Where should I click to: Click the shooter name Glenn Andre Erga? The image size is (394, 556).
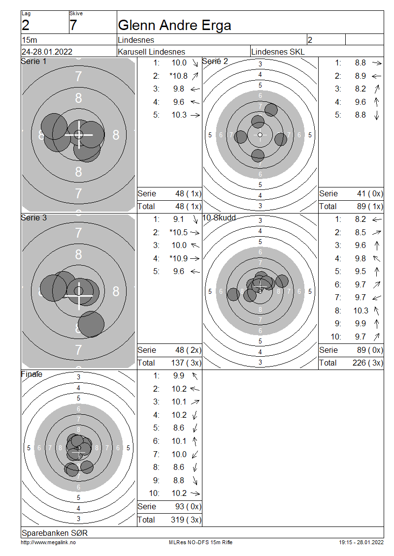pyautogui.click(x=174, y=26)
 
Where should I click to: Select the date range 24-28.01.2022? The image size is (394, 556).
pyautogui.click(x=47, y=52)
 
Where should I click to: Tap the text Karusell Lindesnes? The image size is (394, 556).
pyautogui.click(x=152, y=52)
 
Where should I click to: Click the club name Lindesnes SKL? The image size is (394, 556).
pyautogui.click(x=278, y=52)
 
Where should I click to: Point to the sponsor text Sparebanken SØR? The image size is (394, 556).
pyautogui.click(x=55, y=533)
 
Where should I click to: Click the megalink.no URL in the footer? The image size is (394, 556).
pyautogui.click(x=48, y=543)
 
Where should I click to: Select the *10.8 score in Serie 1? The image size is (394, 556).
pyautogui.click(x=179, y=76)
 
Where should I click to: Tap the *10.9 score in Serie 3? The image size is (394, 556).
pyautogui.click(x=179, y=258)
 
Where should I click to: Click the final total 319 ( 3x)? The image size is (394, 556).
pyautogui.click(x=186, y=520)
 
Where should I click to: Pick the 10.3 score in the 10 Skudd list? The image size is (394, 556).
pyautogui.click(x=361, y=310)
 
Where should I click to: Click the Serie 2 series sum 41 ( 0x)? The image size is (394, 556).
pyautogui.click(x=370, y=193)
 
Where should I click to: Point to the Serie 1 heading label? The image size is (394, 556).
pyautogui.click(x=33, y=62)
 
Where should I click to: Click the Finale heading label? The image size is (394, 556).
pyautogui.click(x=32, y=374)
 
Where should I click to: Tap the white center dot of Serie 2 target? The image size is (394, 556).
pyautogui.click(x=260, y=135)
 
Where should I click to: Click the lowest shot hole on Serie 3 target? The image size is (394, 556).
pyautogui.click(x=91, y=324)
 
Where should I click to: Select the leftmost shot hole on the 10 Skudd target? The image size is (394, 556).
pyautogui.click(x=233, y=294)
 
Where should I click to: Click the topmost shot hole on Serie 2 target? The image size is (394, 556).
pyautogui.click(x=271, y=110)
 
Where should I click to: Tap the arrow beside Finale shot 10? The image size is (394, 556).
pyautogui.click(x=195, y=494)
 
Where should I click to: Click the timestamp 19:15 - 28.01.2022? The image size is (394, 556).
pyautogui.click(x=361, y=543)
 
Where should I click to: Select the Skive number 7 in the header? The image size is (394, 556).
pyautogui.click(x=73, y=26)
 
